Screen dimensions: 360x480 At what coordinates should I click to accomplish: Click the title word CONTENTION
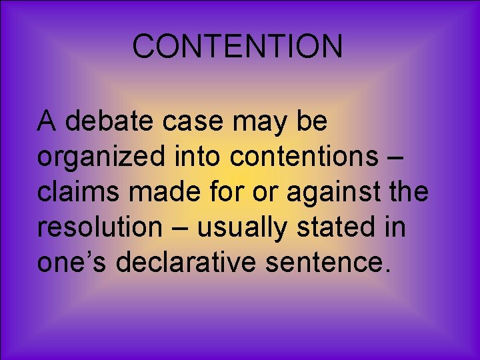237,47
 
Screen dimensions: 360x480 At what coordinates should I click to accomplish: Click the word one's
73,262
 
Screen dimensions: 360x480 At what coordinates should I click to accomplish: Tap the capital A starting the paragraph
46,122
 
